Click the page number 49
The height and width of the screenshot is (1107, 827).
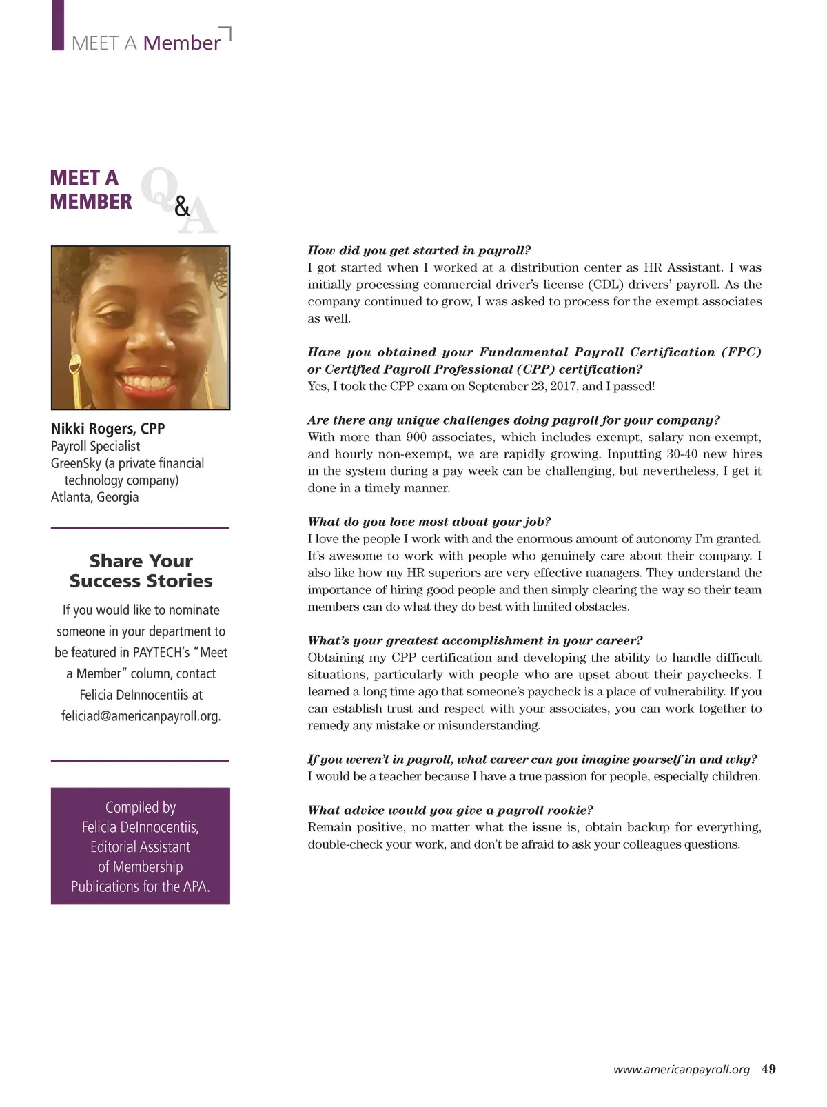[x=768, y=1069]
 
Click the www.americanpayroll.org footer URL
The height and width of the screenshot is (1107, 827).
[x=681, y=1070]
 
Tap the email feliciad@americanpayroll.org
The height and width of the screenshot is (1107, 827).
[x=141, y=716]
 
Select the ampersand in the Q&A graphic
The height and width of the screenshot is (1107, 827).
[x=182, y=206]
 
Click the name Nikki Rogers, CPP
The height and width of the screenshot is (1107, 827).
[x=108, y=429]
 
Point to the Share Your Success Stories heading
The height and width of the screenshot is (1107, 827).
[x=141, y=571]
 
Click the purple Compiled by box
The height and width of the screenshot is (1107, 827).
[x=141, y=846]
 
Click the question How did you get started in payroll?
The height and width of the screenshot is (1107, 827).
[x=419, y=250]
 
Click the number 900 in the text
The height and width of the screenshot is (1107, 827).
[x=416, y=437]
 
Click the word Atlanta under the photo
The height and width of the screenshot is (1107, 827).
[x=69, y=497]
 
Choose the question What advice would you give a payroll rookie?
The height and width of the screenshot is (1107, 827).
[x=450, y=810]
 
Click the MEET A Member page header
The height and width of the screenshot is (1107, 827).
[x=145, y=43]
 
